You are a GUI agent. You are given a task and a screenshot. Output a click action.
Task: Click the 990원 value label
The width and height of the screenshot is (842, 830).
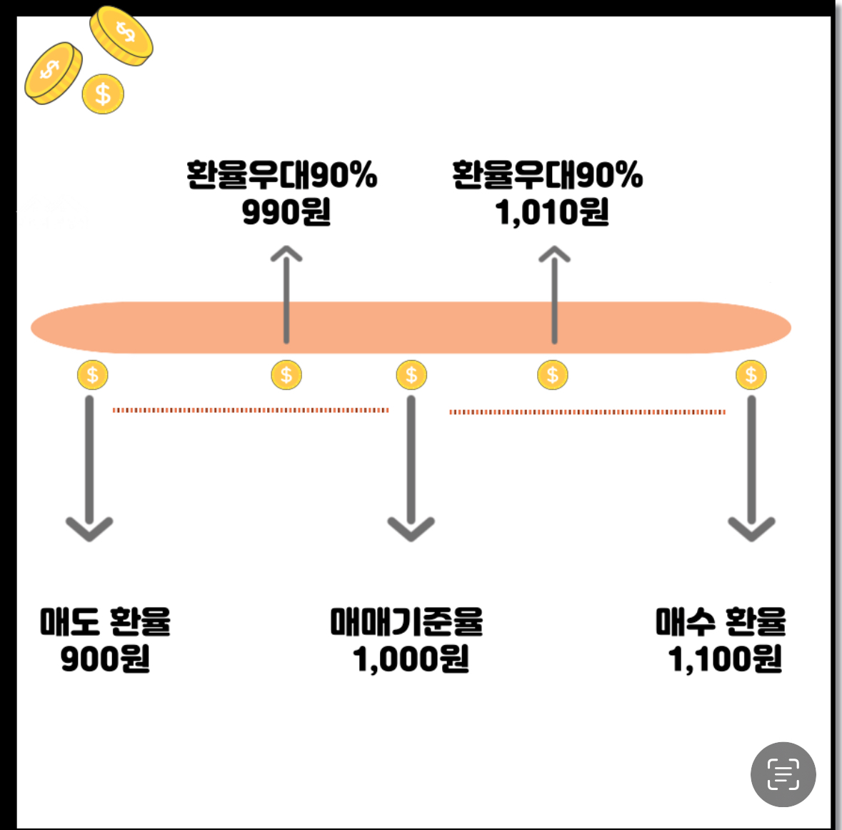(286, 212)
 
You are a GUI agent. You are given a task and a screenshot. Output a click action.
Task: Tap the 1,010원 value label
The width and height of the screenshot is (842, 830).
(551, 212)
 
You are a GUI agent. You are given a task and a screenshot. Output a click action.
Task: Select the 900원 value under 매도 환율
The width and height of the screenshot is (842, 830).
(105, 659)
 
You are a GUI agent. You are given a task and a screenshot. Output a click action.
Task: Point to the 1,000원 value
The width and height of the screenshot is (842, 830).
(411, 659)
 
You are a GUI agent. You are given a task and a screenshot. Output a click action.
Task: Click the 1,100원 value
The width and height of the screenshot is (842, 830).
(725, 659)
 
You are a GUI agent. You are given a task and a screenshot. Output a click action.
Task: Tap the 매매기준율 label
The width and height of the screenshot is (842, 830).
(406, 621)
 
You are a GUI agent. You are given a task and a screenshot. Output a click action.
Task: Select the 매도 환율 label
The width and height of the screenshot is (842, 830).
(105, 621)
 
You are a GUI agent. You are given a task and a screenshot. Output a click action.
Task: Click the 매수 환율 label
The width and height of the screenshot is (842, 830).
(721, 621)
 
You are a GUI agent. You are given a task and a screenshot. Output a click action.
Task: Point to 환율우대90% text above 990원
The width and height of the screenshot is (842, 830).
(281, 175)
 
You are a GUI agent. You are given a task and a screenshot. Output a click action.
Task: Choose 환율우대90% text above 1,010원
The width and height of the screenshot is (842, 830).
(548, 175)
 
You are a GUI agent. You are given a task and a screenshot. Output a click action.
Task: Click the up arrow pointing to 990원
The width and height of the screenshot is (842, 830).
(286, 293)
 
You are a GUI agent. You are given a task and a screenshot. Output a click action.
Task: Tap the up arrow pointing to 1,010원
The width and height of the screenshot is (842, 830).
(554, 293)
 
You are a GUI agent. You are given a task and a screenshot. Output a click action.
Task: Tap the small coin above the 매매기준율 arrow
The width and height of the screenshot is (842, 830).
(411, 375)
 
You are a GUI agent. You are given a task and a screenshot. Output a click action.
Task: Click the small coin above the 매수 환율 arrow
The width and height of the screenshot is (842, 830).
(751, 375)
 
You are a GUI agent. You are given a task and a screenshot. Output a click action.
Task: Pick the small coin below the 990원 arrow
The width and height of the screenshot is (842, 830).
(286, 375)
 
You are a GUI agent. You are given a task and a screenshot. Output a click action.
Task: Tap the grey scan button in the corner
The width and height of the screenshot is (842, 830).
(783, 774)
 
